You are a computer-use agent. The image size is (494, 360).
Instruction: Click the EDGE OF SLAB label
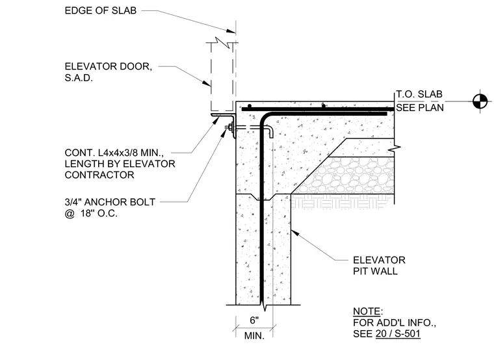[x=101, y=10]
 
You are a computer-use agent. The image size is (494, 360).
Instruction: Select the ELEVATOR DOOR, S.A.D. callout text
[x=109, y=72]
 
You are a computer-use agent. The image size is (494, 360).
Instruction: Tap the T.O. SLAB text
[x=419, y=94]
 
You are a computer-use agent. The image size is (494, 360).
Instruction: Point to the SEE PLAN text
[x=420, y=108]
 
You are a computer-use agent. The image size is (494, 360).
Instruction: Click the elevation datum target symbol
[x=480, y=101]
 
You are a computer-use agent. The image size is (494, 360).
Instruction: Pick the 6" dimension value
[x=254, y=320]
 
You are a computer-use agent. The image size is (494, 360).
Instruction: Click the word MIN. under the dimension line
[x=254, y=336]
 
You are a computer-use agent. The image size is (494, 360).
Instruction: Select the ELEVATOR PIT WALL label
[x=380, y=266]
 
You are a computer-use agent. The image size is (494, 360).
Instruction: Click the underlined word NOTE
[x=367, y=311]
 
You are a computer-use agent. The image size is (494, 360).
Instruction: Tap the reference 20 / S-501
[x=398, y=334]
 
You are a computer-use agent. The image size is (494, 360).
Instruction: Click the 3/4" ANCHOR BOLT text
[x=110, y=202]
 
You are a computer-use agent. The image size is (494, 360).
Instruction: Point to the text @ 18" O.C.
[x=91, y=213]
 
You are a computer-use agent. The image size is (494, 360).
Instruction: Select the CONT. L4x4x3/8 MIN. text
[x=114, y=153]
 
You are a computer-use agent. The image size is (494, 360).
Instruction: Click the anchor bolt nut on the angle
[x=229, y=127]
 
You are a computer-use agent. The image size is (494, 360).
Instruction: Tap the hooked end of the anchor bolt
[x=270, y=131]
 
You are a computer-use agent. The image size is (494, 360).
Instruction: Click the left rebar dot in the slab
[x=250, y=106]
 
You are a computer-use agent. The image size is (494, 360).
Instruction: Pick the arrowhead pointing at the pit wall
[x=294, y=233]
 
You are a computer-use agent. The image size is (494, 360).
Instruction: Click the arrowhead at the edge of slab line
[x=231, y=31]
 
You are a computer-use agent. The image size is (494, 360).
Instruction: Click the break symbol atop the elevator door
[x=222, y=42]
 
